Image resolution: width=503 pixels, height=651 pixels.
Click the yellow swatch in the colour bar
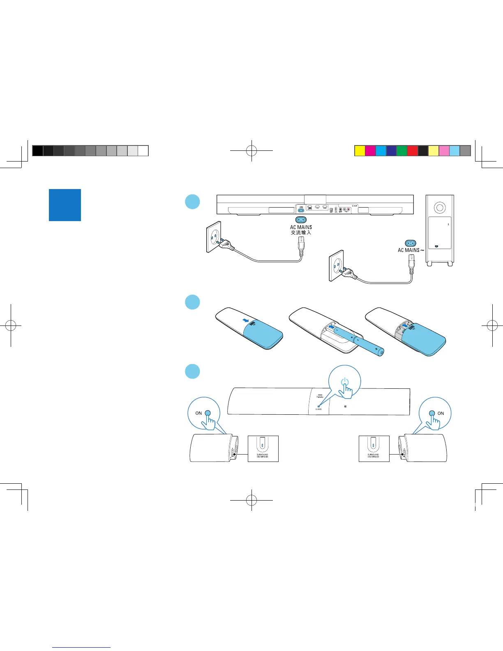pyautogui.click(x=360, y=151)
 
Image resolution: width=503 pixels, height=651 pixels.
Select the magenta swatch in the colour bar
pyautogui.click(x=370, y=151)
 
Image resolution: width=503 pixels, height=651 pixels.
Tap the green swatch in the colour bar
pyautogui.click(x=401, y=151)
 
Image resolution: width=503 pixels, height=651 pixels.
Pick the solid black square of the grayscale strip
pyautogui.click(x=37, y=151)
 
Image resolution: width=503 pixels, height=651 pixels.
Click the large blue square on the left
pyautogui.click(x=65, y=205)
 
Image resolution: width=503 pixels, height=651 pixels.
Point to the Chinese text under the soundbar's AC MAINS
pyautogui.click(x=301, y=233)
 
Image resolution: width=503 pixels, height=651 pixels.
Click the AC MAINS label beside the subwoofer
pyautogui.click(x=409, y=250)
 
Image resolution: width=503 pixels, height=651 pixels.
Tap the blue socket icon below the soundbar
pyautogui.click(x=301, y=220)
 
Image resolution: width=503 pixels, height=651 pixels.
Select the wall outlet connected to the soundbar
pyautogui.click(x=214, y=237)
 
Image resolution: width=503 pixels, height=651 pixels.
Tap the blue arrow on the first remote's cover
pyautogui.click(x=246, y=320)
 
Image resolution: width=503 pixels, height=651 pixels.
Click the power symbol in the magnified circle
pyautogui.click(x=345, y=382)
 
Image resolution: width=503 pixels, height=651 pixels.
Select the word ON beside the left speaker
pyautogui.click(x=198, y=413)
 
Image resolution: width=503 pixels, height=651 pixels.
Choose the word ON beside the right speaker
pyautogui.click(x=441, y=413)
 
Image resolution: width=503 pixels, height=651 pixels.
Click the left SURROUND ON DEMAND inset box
pyautogui.click(x=263, y=448)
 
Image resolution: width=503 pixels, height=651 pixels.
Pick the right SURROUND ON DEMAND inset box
pyautogui.click(x=374, y=448)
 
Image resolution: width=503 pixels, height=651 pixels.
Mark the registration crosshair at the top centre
pyautogui.click(x=251, y=151)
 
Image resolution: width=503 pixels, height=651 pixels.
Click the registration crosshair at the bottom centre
pyautogui.click(x=251, y=500)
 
